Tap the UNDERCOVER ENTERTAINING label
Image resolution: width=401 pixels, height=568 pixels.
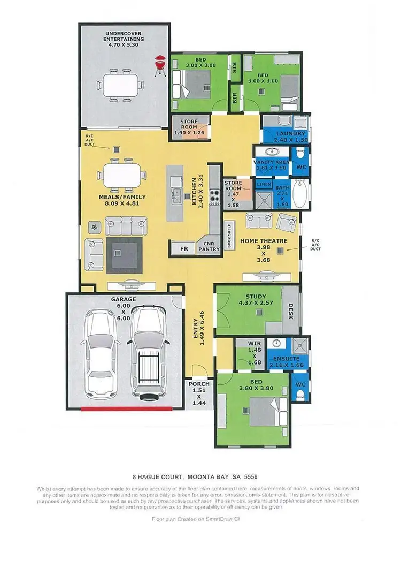tap(124, 36)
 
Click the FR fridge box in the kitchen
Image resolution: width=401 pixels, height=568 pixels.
tap(183, 249)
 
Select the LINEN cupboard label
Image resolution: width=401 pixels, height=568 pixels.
tap(264, 185)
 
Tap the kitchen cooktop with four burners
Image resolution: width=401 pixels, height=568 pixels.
tap(215, 196)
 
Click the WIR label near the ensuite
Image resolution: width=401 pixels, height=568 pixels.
tap(255, 343)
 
